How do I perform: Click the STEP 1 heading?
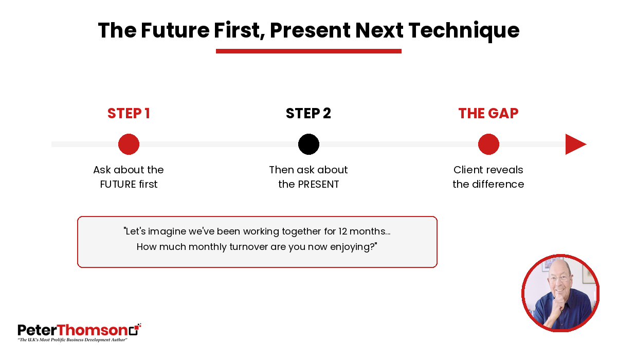(129, 113)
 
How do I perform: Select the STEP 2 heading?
(308, 113)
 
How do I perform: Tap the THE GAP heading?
(488, 113)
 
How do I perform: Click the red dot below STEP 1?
(129, 145)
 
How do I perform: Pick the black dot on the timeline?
(309, 145)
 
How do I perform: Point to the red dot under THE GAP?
(488, 145)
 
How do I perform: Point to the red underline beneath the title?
(308, 51)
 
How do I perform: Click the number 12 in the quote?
(342, 231)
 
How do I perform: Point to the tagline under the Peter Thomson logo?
(72, 340)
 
